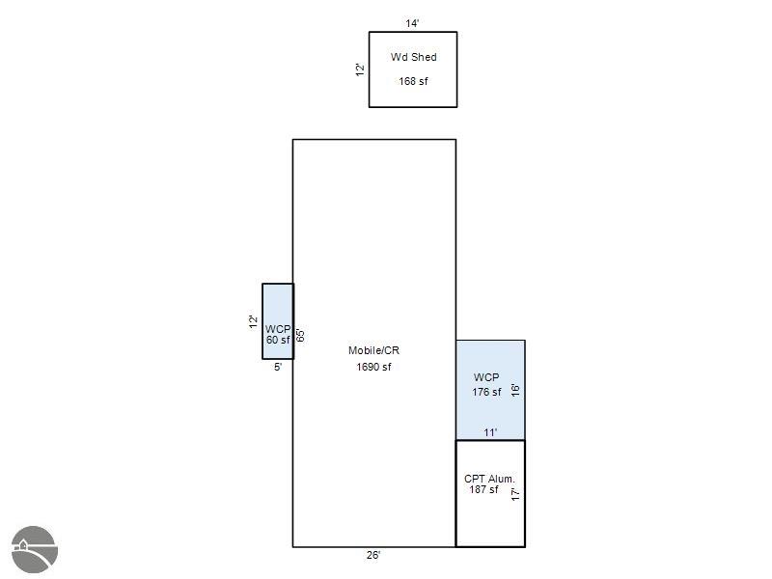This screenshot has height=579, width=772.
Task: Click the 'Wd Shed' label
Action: coord(414,57)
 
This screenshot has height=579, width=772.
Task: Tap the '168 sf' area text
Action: coord(413,81)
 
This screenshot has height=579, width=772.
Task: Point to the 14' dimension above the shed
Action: coord(412,23)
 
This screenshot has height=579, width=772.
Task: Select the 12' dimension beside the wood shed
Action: coord(360,69)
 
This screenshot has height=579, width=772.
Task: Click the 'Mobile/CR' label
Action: coord(373,350)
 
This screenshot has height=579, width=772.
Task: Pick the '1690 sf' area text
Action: coord(373,367)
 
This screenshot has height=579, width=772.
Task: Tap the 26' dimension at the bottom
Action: coord(373,555)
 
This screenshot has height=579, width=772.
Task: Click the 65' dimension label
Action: coord(300,335)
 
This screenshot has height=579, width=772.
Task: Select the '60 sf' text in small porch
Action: coord(278,341)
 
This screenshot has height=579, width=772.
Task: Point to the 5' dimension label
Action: coord(278,367)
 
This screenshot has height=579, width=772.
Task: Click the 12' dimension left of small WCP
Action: coord(253,321)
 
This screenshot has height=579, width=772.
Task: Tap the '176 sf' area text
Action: coord(486,392)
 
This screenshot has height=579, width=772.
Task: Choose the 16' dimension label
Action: coord(515,390)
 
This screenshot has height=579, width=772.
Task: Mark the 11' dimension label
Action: coord(490,432)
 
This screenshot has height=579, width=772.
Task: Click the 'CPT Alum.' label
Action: coord(489,479)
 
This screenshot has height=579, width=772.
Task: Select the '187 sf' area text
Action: coord(483,489)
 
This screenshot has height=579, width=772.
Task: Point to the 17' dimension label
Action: coord(515,494)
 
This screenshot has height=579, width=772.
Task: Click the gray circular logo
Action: coord(35,549)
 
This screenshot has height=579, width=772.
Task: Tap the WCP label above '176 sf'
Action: coord(486,377)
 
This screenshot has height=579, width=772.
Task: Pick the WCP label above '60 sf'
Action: coord(278,329)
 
